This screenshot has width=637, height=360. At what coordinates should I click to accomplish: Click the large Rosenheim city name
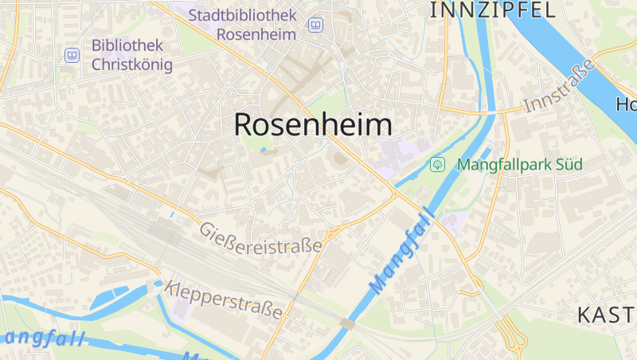[313, 125]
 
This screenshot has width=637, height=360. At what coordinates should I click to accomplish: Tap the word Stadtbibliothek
[242, 15]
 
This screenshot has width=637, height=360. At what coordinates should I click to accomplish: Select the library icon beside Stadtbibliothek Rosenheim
[316, 25]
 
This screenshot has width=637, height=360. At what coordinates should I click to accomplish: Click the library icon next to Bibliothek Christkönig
[72, 55]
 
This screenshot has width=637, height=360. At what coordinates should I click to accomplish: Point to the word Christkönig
[132, 65]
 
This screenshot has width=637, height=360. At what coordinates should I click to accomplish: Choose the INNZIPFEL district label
[492, 10]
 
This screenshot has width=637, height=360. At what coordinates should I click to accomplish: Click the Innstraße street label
[560, 85]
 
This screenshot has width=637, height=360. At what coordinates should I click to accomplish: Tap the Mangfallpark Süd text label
[519, 165]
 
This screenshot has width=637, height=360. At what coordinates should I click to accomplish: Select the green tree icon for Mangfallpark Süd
[436, 165]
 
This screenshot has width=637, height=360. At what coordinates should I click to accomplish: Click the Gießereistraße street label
[261, 237]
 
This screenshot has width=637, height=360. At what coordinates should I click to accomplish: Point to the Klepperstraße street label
[224, 299]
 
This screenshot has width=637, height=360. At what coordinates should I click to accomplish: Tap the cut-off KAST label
[606, 315]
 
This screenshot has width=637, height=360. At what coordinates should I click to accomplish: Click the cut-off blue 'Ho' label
[626, 104]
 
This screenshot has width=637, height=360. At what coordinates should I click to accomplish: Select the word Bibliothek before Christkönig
[127, 45]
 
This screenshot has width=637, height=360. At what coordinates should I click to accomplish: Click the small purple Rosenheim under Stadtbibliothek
[256, 34]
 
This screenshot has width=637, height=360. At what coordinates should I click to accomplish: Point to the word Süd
[569, 165]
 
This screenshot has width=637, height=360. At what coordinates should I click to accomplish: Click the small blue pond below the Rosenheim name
[264, 149]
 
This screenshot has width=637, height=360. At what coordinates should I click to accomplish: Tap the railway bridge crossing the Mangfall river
[347, 323]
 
